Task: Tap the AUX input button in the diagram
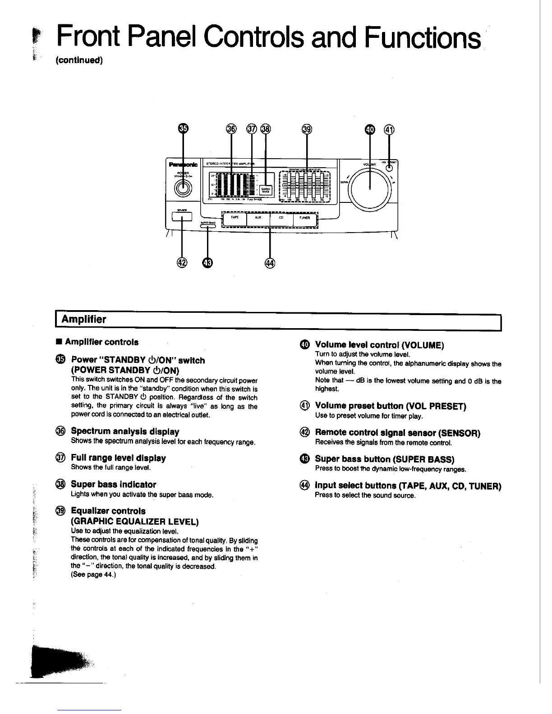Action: [x=258, y=218]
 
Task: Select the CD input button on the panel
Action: [x=281, y=218]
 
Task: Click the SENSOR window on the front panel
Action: [x=182, y=217]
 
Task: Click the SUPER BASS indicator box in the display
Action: [x=266, y=190]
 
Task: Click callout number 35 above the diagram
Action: [x=183, y=129]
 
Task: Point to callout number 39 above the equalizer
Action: [x=307, y=129]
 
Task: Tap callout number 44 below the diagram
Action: [x=270, y=264]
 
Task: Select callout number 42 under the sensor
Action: [x=182, y=264]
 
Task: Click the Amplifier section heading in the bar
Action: [x=84, y=320]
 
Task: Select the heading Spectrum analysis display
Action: [x=125, y=431]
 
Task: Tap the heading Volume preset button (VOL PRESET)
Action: [x=390, y=406]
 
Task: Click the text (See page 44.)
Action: [x=94, y=574]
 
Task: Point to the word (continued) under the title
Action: [x=79, y=60]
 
